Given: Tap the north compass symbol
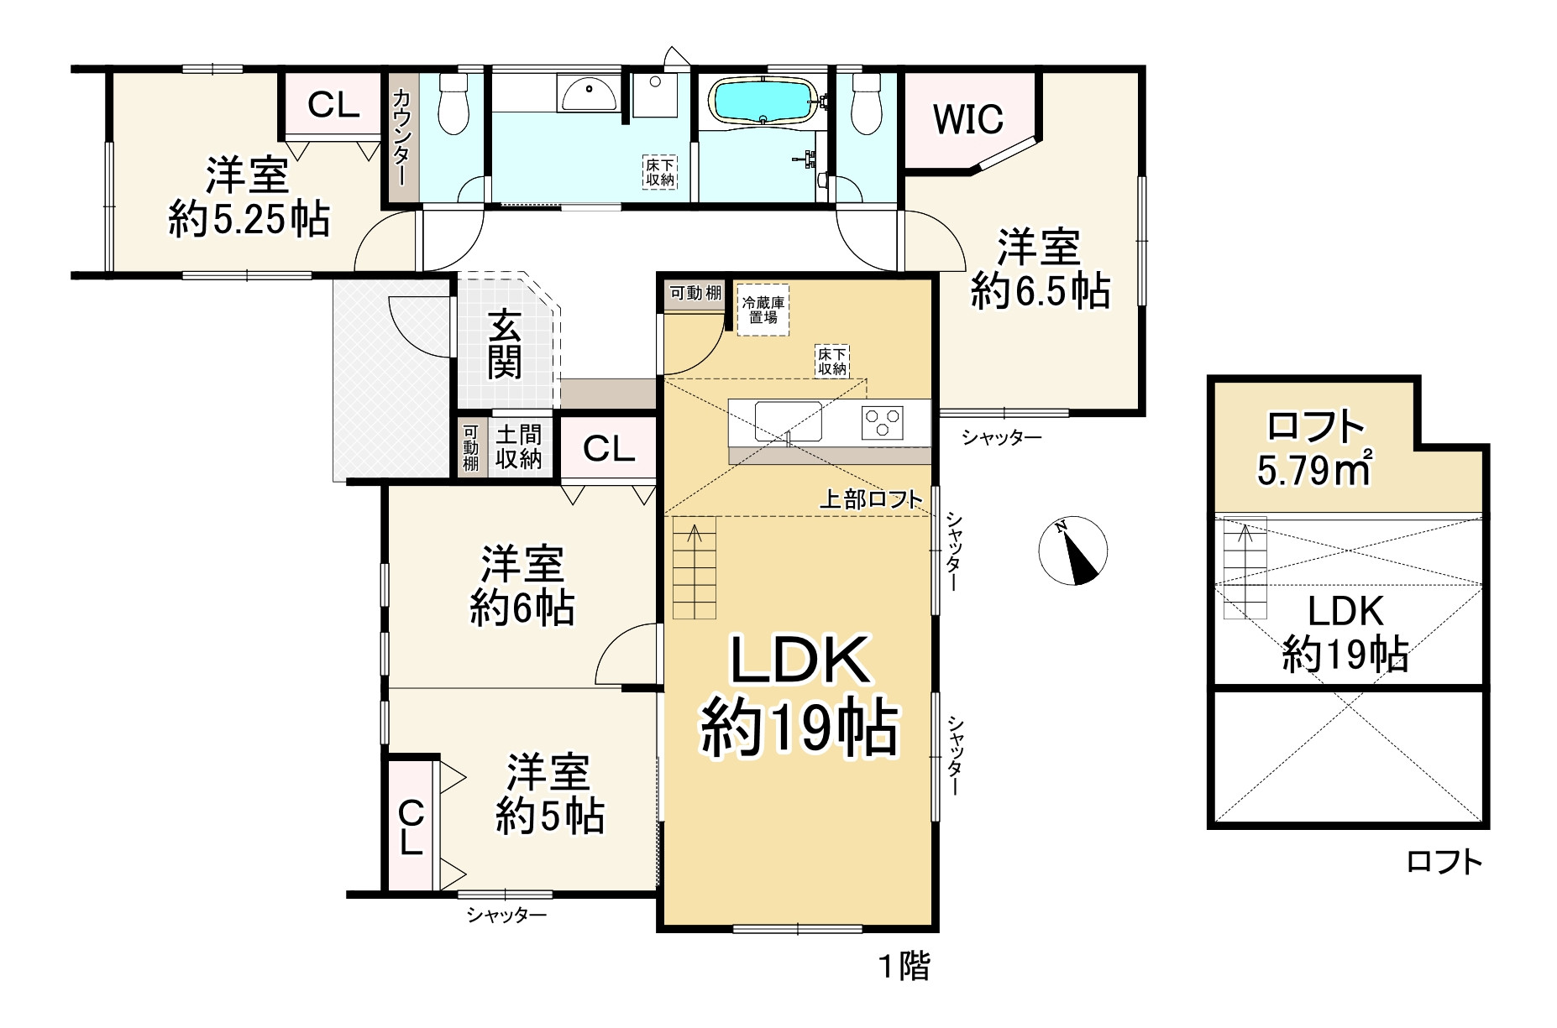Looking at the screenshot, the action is coord(1073,551).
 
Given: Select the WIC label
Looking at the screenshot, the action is coord(968,119).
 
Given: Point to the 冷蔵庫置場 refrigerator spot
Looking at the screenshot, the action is coord(763,311).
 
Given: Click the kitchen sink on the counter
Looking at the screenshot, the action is coord(788,420).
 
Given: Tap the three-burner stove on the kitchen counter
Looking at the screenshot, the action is coord(883,422).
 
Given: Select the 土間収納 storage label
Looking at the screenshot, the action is coord(518,446).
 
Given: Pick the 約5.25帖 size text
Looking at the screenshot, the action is coord(249,220).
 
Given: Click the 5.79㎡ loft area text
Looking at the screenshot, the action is coord(1314,467).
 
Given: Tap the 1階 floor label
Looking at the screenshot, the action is coord(904,967).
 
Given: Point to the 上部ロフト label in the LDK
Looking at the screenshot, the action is coord(871,499).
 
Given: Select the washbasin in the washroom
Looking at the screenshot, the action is coord(589,92).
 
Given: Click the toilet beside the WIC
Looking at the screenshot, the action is coord(866,104).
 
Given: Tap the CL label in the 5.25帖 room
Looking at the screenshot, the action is coord(333,105).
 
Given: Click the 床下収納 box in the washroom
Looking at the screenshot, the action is coord(660,173).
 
